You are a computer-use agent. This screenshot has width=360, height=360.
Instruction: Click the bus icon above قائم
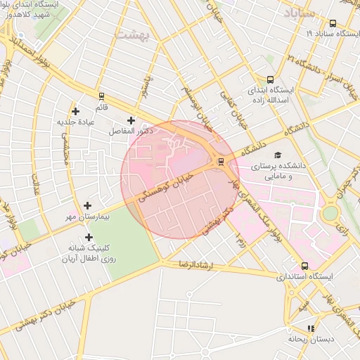[x=101, y=96]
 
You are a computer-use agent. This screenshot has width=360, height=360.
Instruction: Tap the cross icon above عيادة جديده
[x=75, y=111]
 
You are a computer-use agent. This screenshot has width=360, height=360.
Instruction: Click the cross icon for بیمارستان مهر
[x=87, y=205]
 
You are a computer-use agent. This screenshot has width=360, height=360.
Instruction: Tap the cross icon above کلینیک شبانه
[x=89, y=238]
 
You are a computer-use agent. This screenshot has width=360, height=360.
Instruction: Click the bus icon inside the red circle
[x=221, y=161]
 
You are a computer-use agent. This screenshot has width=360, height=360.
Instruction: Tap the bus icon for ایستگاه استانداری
[x=304, y=266]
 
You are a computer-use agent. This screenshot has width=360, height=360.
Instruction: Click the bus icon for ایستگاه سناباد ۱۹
[x=333, y=23]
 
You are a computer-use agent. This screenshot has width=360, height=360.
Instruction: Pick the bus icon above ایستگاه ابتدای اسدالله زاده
[x=271, y=79]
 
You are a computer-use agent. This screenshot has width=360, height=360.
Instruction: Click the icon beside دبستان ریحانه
[x=311, y=328]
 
